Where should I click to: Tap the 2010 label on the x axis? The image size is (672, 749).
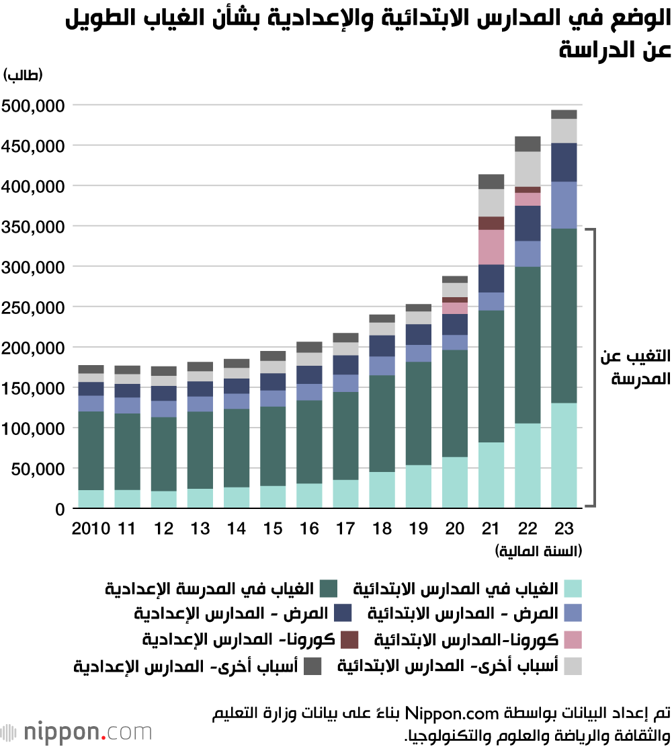pyautogui.click(x=91, y=528)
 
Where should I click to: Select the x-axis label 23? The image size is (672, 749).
pyautogui.click(x=564, y=528)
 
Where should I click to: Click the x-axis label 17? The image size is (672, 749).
pyautogui.click(x=346, y=528)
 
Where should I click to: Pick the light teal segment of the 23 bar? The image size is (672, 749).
pyautogui.click(x=564, y=455)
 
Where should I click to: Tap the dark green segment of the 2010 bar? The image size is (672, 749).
pyautogui.click(x=91, y=450)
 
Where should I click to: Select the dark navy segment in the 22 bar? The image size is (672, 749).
pyautogui.click(x=528, y=223)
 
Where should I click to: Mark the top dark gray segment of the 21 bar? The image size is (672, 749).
pyautogui.click(x=491, y=182)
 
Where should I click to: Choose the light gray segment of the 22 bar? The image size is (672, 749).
pyautogui.click(x=528, y=169)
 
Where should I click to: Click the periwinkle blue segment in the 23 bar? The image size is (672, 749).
pyautogui.click(x=564, y=205)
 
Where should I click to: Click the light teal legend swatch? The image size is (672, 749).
pyautogui.click(x=573, y=589)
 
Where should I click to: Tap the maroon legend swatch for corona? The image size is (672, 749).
pyautogui.click(x=349, y=639)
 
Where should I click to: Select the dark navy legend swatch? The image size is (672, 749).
pyautogui.click(x=343, y=613)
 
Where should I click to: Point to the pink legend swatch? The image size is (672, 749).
pyautogui.click(x=573, y=639)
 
